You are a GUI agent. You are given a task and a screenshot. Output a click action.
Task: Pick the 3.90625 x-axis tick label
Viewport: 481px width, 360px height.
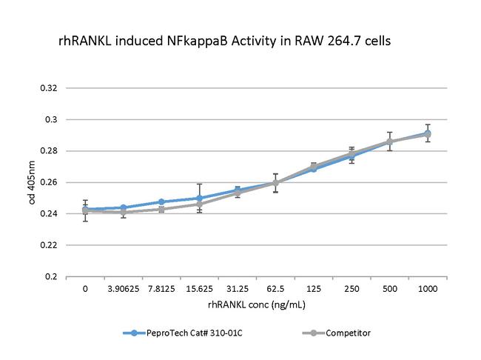pos(123,289)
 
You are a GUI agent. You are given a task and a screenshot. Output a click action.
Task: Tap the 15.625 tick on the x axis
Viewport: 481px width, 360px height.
pos(199,289)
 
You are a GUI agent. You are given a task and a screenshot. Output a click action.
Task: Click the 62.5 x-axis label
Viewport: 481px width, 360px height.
pos(275,289)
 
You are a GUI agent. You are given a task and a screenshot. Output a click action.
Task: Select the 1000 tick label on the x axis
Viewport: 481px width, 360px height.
pos(428,289)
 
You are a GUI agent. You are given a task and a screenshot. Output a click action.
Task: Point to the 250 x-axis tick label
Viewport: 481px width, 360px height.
pos(351,289)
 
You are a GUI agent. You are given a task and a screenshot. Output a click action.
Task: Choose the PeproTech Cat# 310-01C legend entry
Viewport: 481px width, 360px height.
pos(185,333)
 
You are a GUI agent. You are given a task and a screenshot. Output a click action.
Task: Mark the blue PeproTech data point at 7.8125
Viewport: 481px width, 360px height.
pos(161,201)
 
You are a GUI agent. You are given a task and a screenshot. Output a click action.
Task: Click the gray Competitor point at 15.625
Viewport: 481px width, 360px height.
pos(199,204)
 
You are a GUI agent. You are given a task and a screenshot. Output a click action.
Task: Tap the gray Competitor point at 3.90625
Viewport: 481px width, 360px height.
pos(123,212)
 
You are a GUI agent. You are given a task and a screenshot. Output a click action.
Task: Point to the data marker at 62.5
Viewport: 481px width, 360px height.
pos(275,182)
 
